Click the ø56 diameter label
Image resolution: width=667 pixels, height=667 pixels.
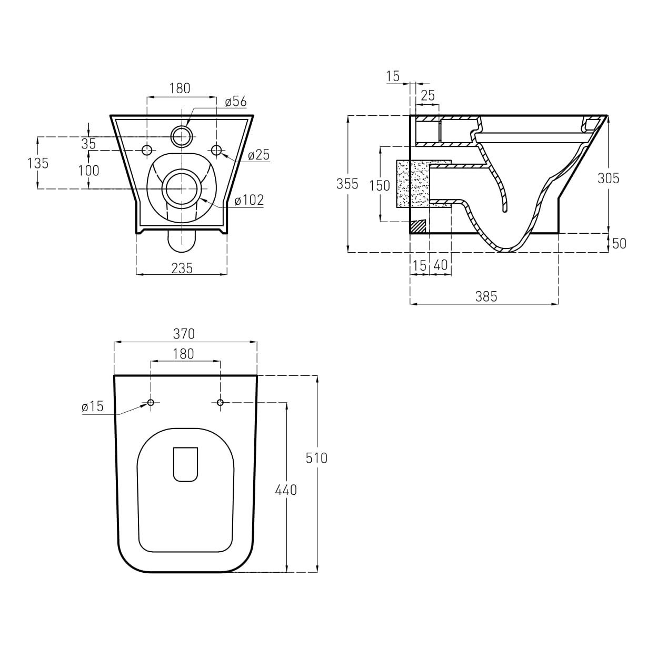coord(236,102)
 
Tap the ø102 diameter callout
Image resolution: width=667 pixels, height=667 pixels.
coord(249,200)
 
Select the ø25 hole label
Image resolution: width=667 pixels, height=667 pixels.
coord(258,155)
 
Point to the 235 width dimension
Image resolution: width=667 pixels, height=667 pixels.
coord(182,268)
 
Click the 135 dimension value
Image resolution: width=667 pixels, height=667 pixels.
coord(38,163)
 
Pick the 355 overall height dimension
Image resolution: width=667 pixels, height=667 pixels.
coord(347,184)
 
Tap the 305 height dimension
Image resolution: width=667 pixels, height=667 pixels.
coord(608,178)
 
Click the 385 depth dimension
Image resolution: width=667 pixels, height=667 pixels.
coord(486,296)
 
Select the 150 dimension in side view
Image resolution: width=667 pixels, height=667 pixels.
coord(380,186)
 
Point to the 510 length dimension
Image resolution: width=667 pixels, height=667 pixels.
coord(316,458)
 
